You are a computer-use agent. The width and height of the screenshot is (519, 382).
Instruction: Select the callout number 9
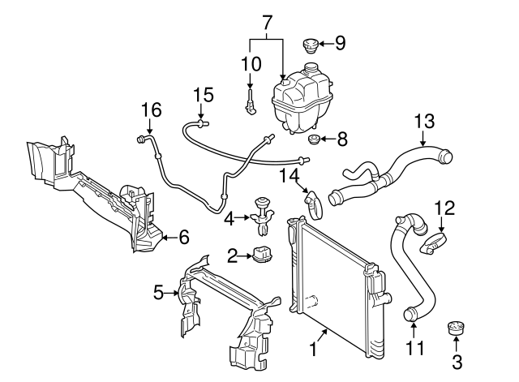pyautogui.click(x=340, y=43)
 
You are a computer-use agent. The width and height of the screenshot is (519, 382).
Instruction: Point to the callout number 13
pyautogui.click(x=424, y=122)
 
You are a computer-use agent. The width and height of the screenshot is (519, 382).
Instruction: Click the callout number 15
pyautogui.click(x=203, y=96)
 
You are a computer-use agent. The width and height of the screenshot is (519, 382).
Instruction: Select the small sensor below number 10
pyautogui.click(x=251, y=102)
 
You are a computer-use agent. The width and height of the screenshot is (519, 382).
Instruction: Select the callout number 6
pyautogui.click(x=183, y=237)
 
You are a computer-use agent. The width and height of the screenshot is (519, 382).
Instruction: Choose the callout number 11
pyautogui.click(x=414, y=350)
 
